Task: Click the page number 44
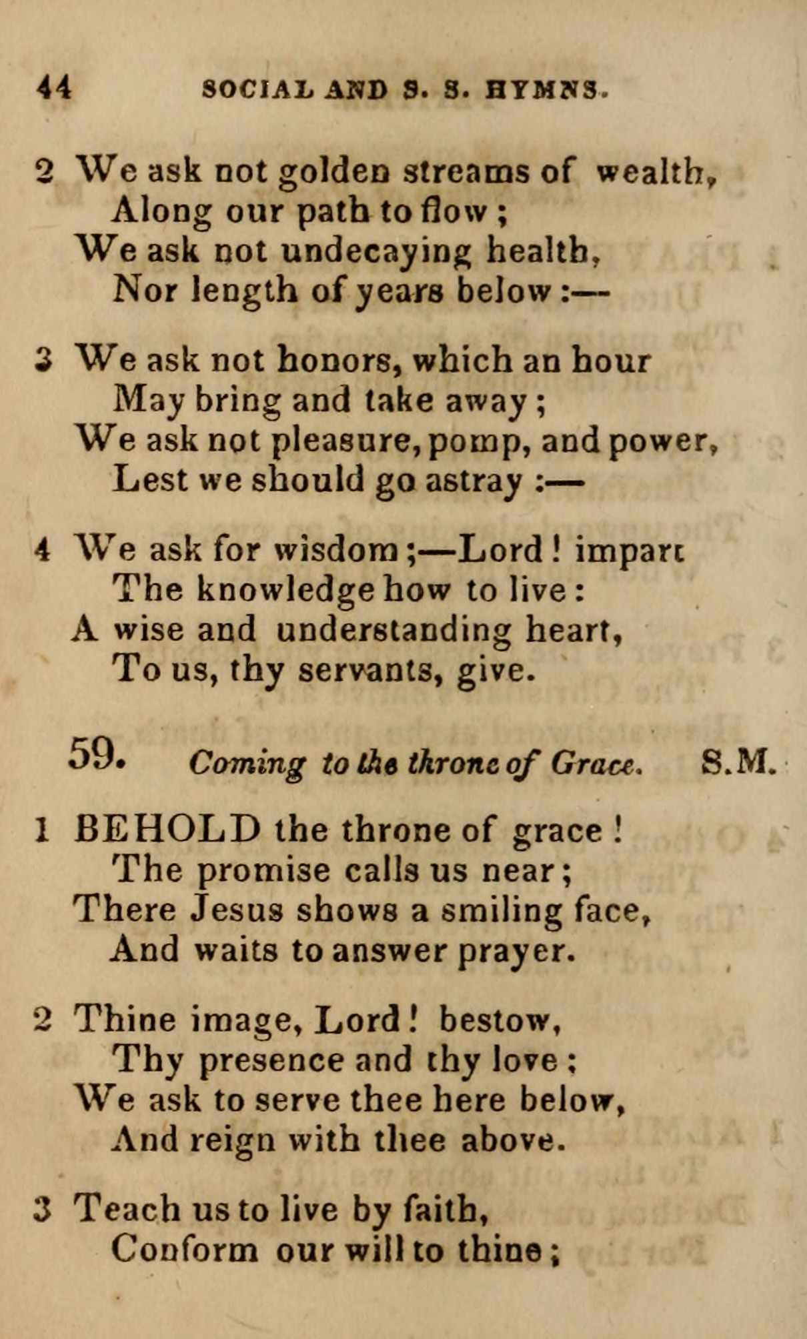click(54, 88)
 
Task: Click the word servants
click(370, 670)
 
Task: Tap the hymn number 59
click(96, 755)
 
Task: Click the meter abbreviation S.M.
click(739, 761)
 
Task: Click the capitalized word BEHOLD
click(167, 831)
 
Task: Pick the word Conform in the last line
click(183, 1249)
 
